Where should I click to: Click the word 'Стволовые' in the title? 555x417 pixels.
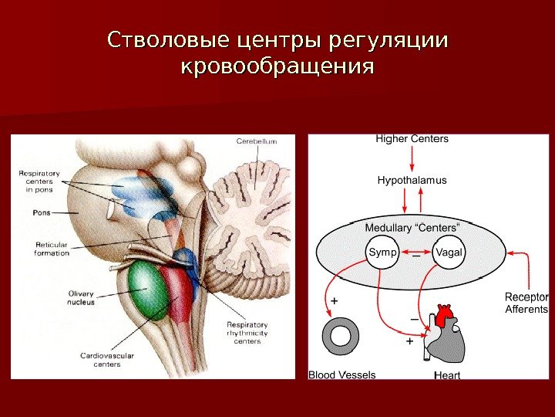[170, 39]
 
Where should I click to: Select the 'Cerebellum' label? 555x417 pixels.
[256, 141]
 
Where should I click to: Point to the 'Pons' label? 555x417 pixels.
[42, 211]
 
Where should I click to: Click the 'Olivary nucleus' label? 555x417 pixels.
[80, 297]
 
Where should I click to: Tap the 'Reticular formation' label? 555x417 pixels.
[52, 249]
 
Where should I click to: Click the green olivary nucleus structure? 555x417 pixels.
[149, 290]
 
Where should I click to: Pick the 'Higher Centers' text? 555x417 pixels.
[412, 139]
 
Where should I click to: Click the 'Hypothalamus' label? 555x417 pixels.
[412, 180]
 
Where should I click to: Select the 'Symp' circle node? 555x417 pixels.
[382, 253]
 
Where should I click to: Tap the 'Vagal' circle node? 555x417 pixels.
[448, 253]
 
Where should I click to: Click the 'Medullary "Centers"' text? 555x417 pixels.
[412, 228]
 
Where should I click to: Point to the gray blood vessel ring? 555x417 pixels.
[340, 337]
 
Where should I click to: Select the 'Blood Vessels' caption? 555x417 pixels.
[341, 375]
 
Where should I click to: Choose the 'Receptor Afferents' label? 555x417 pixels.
[526, 303]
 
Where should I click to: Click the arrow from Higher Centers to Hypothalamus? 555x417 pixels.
[412, 159]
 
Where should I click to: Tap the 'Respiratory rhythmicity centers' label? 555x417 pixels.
[247, 333]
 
